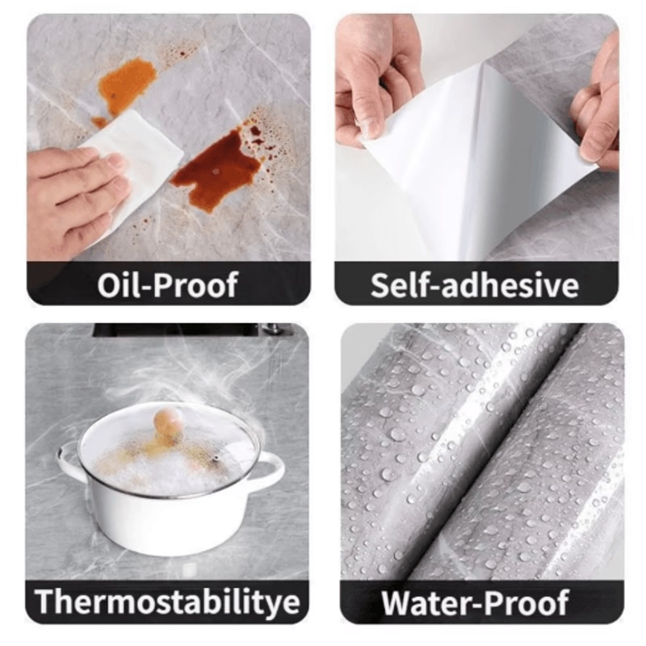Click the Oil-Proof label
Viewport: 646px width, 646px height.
(168, 284)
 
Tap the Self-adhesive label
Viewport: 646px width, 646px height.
(475, 284)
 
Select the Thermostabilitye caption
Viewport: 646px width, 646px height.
(168, 602)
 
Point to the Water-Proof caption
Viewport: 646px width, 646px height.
(475, 602)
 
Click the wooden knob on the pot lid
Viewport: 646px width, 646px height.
(167, 421)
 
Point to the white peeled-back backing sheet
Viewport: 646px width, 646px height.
(468, 161)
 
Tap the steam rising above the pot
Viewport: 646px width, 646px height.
(202, 380)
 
